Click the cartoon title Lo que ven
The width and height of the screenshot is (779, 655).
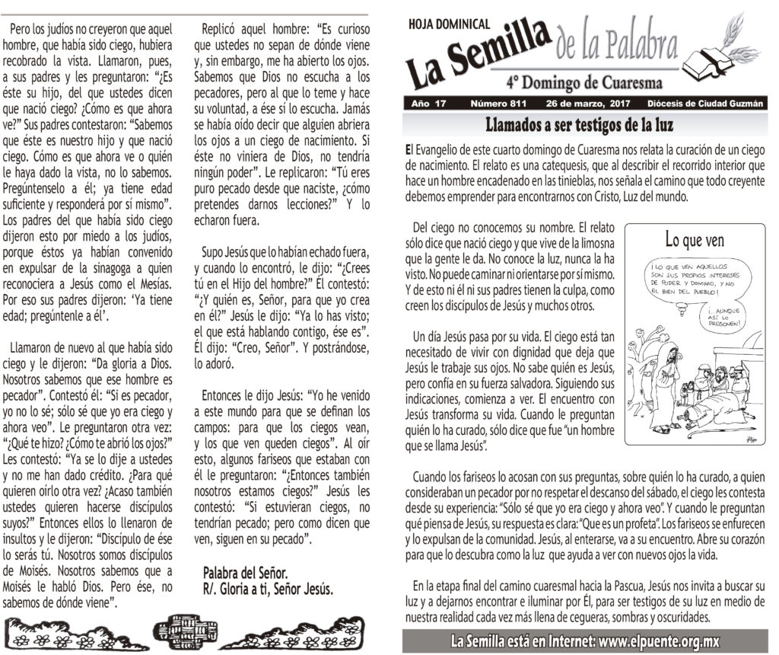(694, 241)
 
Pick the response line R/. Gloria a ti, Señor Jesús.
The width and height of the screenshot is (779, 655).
(268, 589)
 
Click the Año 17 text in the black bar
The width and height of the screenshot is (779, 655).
(427, 103)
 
